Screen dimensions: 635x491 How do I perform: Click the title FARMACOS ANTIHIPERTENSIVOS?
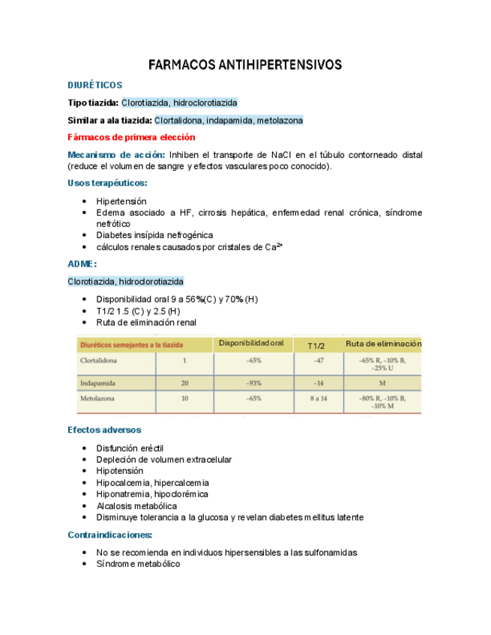tap(245, 65)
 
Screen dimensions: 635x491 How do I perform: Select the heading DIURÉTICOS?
tap(94, 85)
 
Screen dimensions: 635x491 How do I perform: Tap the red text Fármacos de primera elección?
tap(131, 137)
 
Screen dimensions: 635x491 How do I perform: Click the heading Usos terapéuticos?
tap(107, 183)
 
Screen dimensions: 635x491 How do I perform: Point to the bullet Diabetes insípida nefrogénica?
tap(154, 235)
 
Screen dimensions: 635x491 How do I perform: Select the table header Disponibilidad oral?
tap(251, 344)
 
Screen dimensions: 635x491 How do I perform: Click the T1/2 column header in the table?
tap(316, 345)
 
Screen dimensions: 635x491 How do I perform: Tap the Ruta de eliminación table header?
tap(383, 344)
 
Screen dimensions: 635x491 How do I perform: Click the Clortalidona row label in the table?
tap(100, 360)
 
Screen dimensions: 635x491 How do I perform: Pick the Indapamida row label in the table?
tap(97, 383)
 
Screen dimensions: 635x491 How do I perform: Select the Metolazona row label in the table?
tap(97, 398)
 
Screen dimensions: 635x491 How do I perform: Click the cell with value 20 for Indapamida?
tap(184, 383)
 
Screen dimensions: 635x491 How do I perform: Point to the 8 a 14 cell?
tap(318, 398)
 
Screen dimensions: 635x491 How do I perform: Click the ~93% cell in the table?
tap(253, 383)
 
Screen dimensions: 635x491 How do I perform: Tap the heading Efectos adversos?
tap(103, 430)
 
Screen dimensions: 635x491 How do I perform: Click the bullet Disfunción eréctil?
tap(130, 449)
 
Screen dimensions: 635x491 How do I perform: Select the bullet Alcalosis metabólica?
tap(136, 506)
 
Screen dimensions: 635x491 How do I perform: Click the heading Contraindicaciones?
tap(109, 535)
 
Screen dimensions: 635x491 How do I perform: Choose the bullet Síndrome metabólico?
tap(138, 564)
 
